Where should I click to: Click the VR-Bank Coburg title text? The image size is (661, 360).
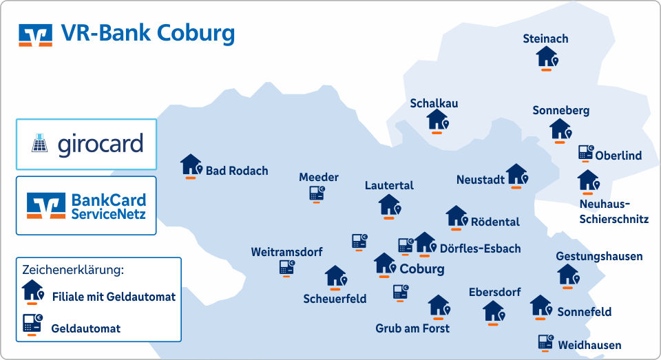tap(148, 32)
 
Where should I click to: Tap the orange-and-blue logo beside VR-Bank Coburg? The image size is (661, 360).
tap(36, 34)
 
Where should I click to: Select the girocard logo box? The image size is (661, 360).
tap(87, 145)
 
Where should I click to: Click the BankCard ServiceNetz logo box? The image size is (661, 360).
tap(87, 205)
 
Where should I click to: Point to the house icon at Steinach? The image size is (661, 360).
tap(547, 56)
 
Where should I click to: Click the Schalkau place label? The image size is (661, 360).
tap(434, 103)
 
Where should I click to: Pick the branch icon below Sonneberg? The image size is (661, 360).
tap(560, 129)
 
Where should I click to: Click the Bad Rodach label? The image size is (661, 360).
tap(237, 171)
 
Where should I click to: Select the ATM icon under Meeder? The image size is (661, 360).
tap(317, 194)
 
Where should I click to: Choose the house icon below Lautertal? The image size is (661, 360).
tap(389, 204)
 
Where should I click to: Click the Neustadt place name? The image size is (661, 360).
tap(481, 180)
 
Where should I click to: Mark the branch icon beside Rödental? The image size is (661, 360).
tap(457, 217)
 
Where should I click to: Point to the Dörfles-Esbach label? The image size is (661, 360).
tap(480, 248)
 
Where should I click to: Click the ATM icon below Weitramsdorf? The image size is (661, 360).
tap(286, 268)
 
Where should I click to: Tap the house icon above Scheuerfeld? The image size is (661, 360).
tap(335, 277)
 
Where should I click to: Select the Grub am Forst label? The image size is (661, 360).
tap(412, 328)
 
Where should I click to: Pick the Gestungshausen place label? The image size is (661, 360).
tap(599, 257)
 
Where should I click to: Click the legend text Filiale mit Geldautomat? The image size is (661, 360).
tap(114, 297)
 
